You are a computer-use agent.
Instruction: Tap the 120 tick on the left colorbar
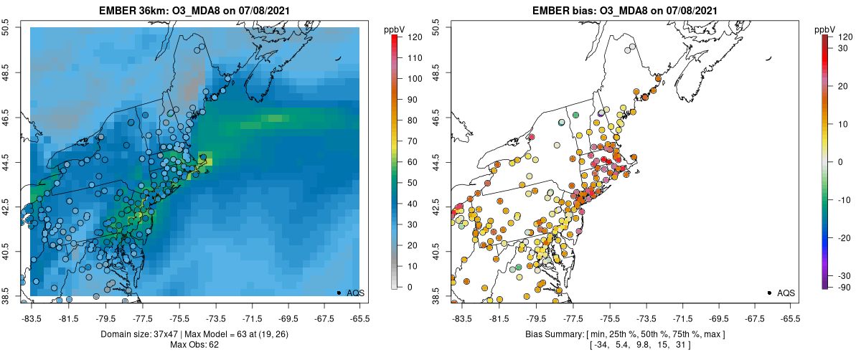pos(414,36)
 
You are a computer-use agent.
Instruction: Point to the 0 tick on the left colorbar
pos(410,287)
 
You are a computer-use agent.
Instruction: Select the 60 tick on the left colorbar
pos(413,161)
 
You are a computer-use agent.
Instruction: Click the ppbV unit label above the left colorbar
pos(394,29)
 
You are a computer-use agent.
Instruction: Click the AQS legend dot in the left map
pos(339,293)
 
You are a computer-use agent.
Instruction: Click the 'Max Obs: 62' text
pos(194,345)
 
